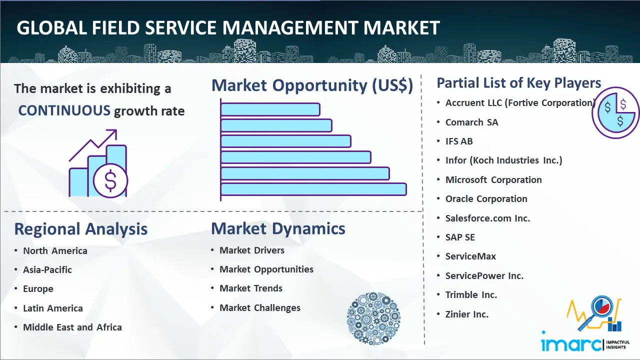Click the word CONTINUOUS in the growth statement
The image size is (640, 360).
point(64,110)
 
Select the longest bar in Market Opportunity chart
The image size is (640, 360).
point(313,189)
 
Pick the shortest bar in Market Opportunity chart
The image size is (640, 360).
point(270,109)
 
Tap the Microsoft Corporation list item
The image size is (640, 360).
point(493,180)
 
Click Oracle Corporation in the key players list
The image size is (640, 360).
point(486,199)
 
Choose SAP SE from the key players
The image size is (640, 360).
point(460,237)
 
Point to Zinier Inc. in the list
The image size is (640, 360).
point(467,314)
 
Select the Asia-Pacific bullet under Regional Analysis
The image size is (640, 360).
point(47,270)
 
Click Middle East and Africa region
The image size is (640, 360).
point(72,327)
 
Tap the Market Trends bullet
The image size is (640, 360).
point(251,288)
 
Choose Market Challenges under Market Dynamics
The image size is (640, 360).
point(260,308)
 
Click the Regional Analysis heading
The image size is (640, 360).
point(80,229)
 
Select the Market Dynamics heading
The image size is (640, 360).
point(278,229)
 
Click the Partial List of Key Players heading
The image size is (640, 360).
point(518,83)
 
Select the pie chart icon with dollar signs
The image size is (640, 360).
point(615,113)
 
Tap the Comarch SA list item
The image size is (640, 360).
point(471,122)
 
